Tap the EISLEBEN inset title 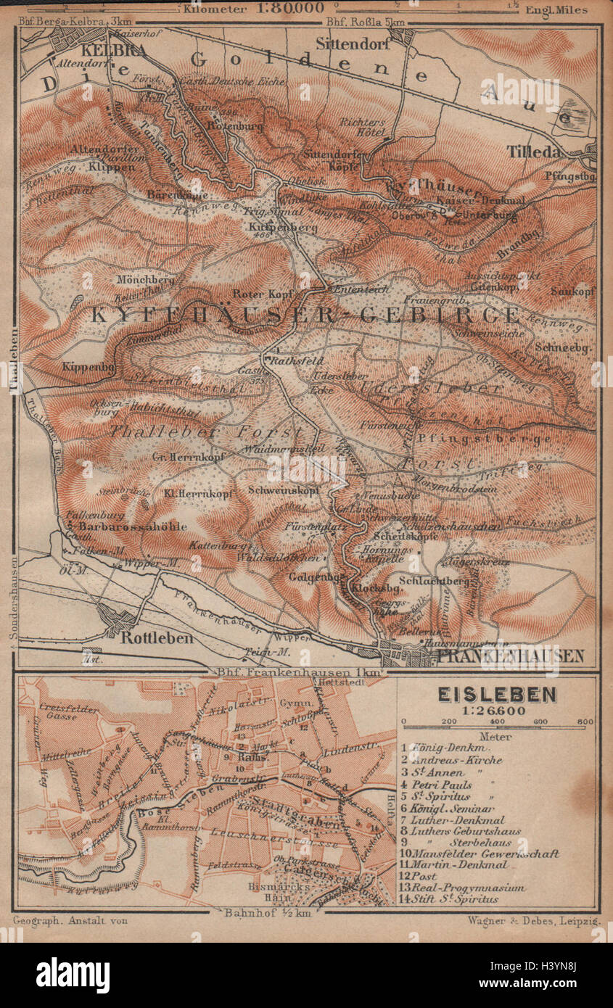pos(497,695)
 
